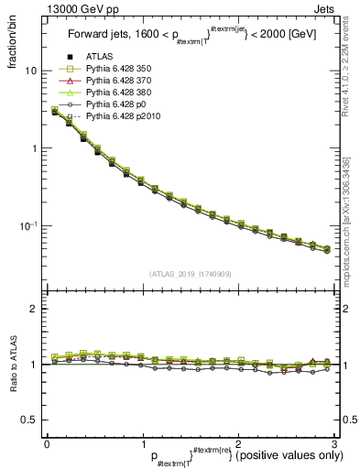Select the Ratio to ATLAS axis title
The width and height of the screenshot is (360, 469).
coord(12,365)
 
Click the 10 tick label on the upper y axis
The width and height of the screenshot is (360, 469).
coord(31,71)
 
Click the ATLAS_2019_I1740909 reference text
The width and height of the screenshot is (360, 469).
coord(190,274)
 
